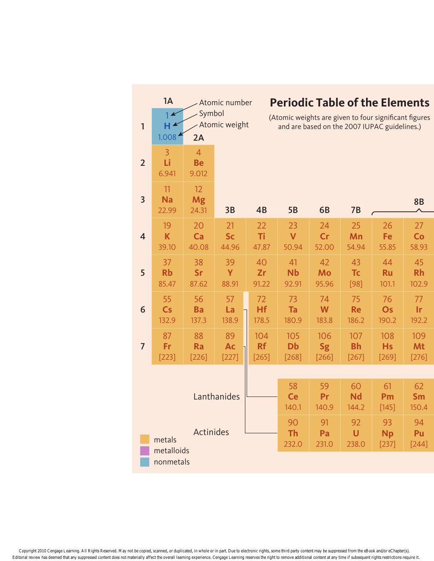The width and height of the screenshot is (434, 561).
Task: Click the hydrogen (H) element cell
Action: point(167,126)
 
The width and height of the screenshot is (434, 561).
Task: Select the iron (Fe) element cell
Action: point(387,236)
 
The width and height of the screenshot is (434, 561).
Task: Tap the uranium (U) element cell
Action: point(356,433)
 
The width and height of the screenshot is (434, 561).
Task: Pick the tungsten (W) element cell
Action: point(325,310)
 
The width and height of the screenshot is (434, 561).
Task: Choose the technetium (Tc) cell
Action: point(356,273)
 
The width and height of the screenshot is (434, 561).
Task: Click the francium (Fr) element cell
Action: point(167,346)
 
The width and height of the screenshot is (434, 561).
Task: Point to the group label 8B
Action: point(419,202)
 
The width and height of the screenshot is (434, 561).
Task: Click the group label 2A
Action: point(199,138)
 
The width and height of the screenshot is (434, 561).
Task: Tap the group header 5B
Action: point(293,210)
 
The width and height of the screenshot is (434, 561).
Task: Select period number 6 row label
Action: point(143,310)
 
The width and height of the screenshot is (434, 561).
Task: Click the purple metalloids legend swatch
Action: point(145,451)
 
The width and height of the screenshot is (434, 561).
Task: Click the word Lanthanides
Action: point(216,397)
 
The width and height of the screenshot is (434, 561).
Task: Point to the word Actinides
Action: point(211,432)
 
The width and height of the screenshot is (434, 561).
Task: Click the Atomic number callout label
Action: point(225,103)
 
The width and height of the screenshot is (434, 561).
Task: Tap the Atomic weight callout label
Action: point(224,125)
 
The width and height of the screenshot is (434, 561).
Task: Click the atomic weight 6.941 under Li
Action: point(167,174)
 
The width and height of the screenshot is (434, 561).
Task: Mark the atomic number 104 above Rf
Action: point(261,336)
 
